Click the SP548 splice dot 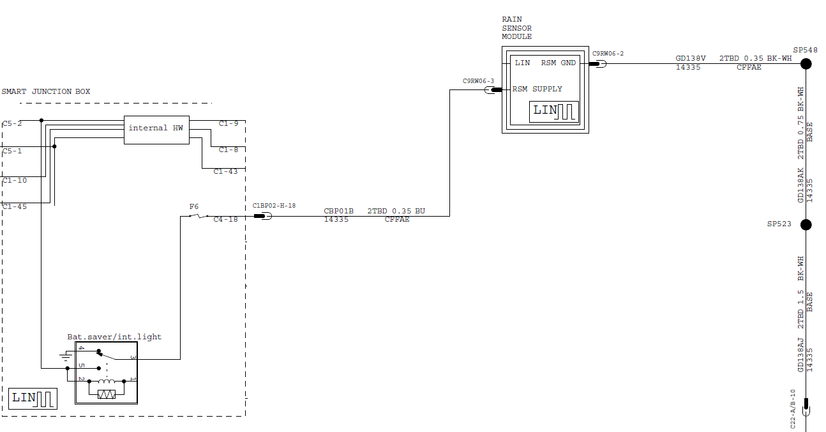click(x=806, y=64)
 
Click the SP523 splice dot click(x=806, y=224)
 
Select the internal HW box click(x=157, y=130)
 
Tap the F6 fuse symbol click(x=199, y=216)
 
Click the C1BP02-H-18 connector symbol click(x=263, y=216)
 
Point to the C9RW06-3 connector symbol click(x=493, y=89)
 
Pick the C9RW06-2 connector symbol click(x=597, y=64)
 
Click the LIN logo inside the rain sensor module click(x=554, y=111)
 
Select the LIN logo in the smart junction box click(x=33, y=399)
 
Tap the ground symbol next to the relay click(x=66, y=356)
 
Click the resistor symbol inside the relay click(x=107, y=395)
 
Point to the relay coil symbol click(x=107, y=381)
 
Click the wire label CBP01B click(x=338, y=211)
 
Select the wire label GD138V click(x=690, y=58)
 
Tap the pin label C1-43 click(x=226, y=171)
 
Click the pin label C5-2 click(x=12, y=124)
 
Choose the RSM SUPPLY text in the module click(x=537, y=89)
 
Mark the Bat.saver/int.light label click(x=114, y=337)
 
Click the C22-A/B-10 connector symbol click(x=806, y=407)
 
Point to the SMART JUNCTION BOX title click(x=46, y=91)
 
